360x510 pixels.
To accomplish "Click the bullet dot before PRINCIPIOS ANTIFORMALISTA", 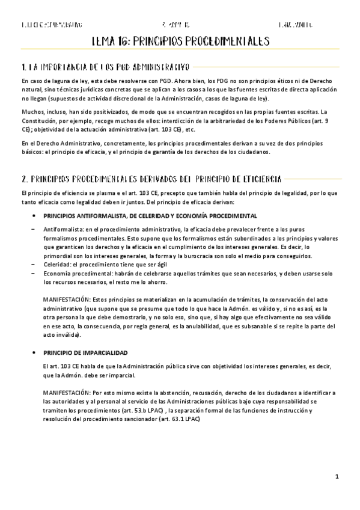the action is [x=34, y=215].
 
